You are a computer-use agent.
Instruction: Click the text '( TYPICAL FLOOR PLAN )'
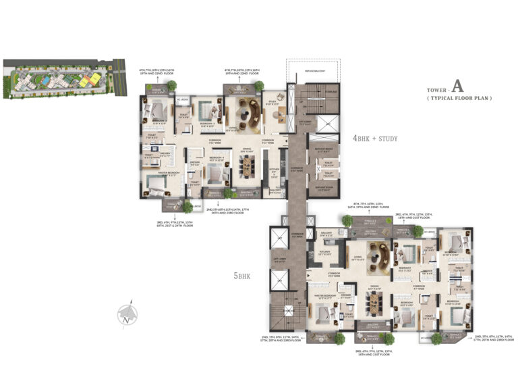pos(458,99)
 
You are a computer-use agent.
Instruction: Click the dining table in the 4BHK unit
pos(246,165)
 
